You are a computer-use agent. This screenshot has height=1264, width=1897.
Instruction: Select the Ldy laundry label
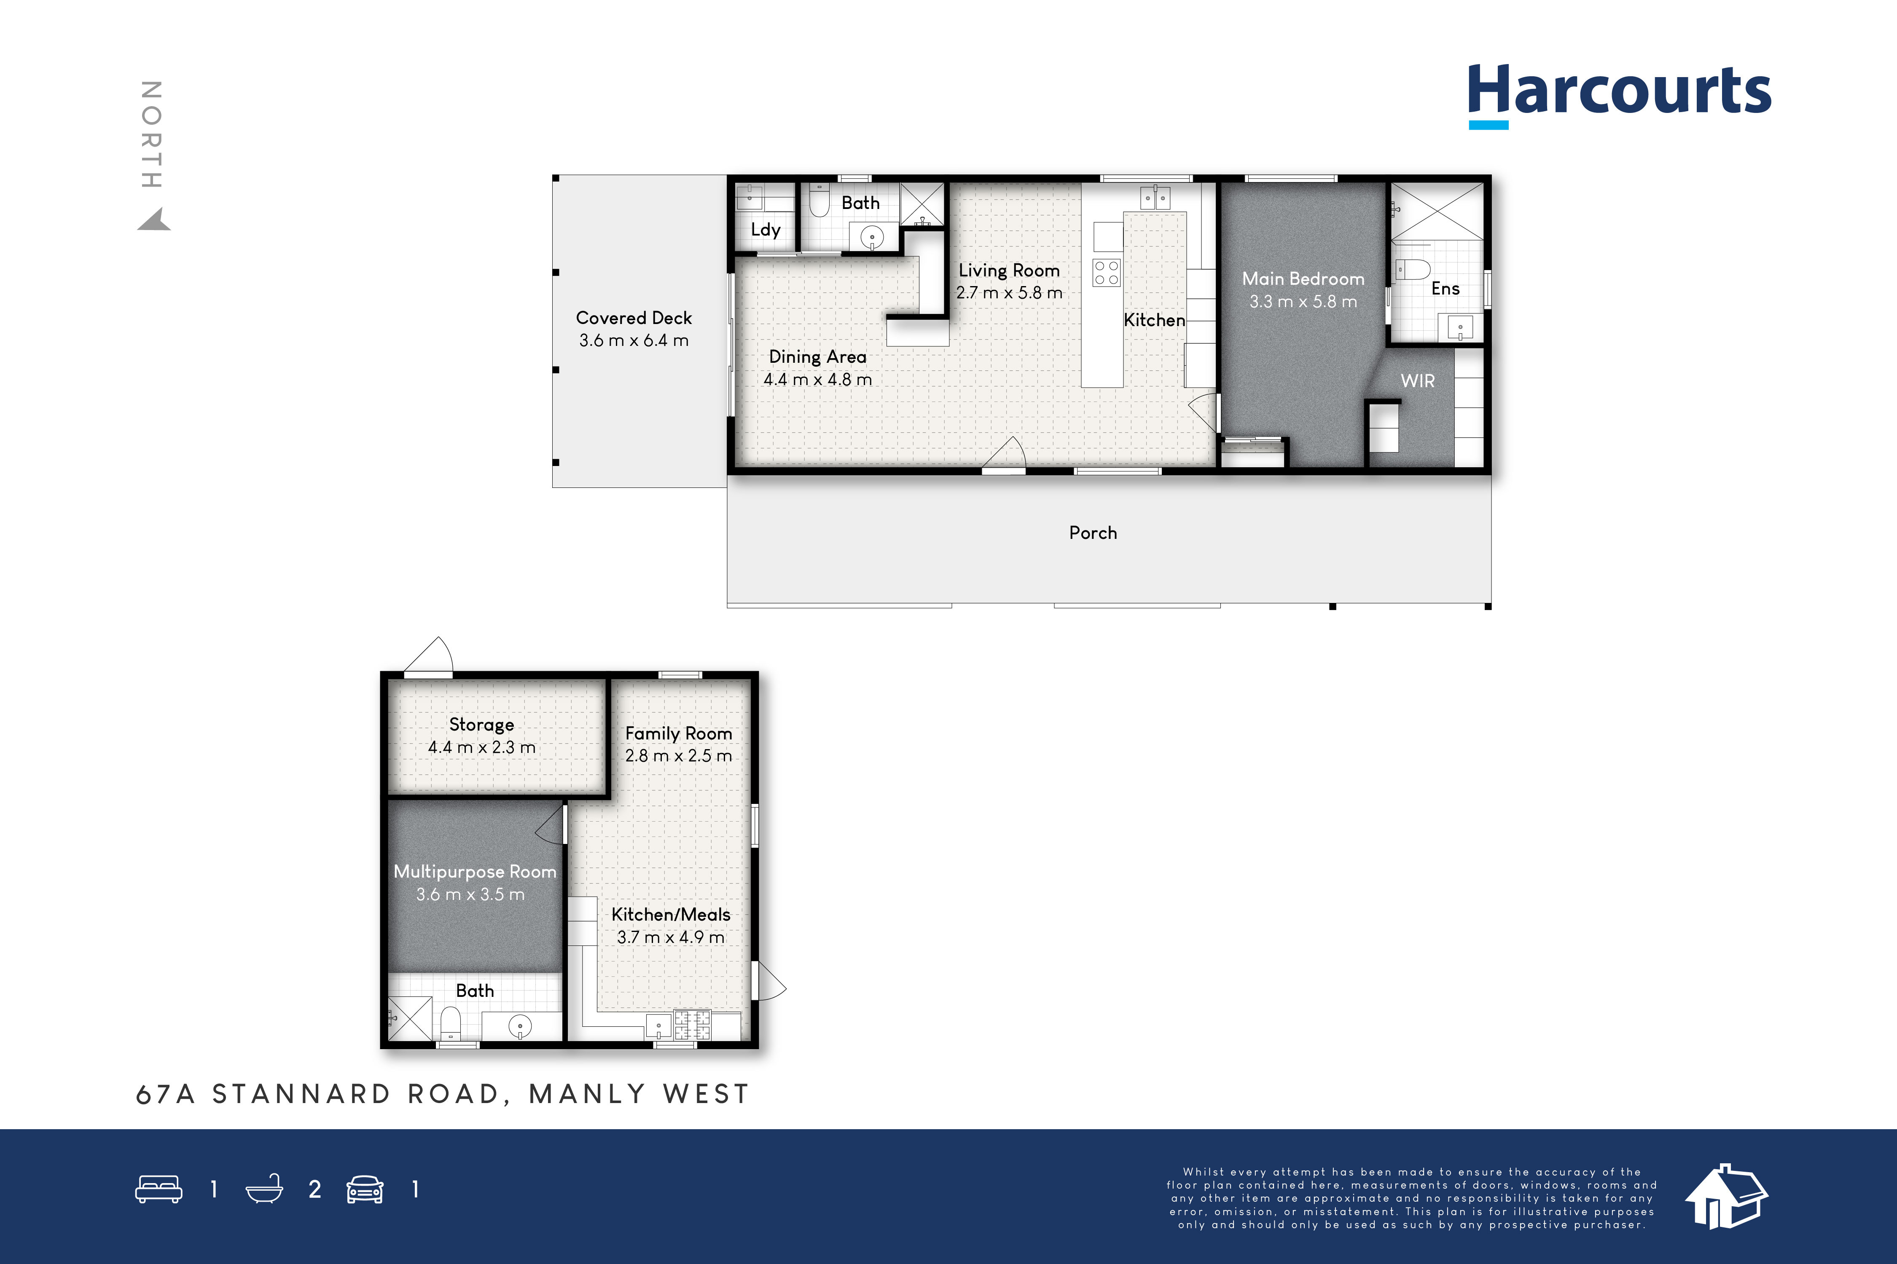[766, 230]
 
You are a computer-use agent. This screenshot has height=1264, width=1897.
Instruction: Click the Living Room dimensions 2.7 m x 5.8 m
[1009, 293]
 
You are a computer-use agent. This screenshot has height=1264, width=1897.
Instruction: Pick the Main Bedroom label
[1303, 279]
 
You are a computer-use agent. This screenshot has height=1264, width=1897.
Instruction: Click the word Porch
[1093, 533]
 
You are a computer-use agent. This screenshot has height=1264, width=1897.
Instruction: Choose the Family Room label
[678, 734]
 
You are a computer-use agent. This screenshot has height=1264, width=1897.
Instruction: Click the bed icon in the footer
[159, 1189]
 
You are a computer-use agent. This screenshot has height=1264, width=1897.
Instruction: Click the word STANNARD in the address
[302, 1094]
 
